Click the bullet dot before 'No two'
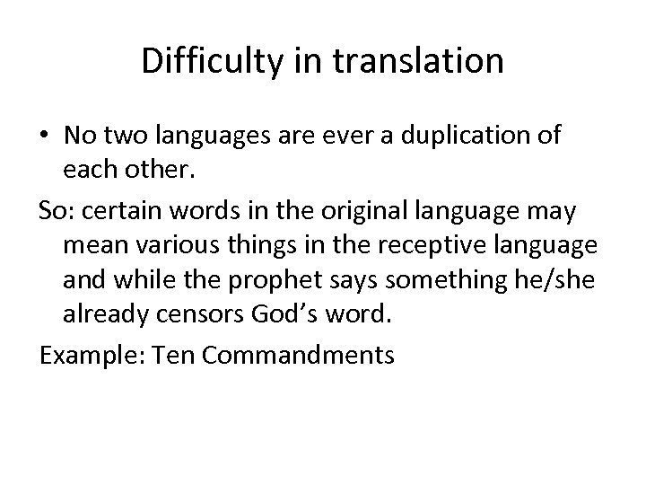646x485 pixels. tap(45, 136)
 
